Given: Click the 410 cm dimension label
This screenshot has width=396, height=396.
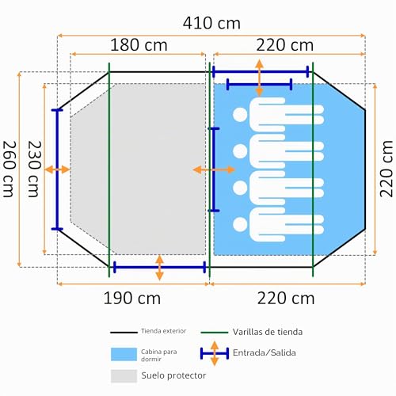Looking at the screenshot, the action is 211,23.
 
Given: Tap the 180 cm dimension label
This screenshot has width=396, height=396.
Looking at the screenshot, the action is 139,45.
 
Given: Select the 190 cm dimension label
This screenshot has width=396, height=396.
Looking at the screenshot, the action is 132,299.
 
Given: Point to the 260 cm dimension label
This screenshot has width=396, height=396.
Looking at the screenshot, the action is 10,169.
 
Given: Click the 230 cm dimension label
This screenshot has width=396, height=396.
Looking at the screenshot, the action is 35,169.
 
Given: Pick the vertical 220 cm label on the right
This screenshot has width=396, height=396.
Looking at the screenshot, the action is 386,169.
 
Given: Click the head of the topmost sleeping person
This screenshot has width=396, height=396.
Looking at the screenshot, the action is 240,114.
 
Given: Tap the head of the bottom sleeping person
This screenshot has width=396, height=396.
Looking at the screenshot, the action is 240,224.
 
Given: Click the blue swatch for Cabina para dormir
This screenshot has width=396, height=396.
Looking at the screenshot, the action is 124,354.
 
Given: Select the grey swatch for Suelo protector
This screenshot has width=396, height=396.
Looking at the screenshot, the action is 124,376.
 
